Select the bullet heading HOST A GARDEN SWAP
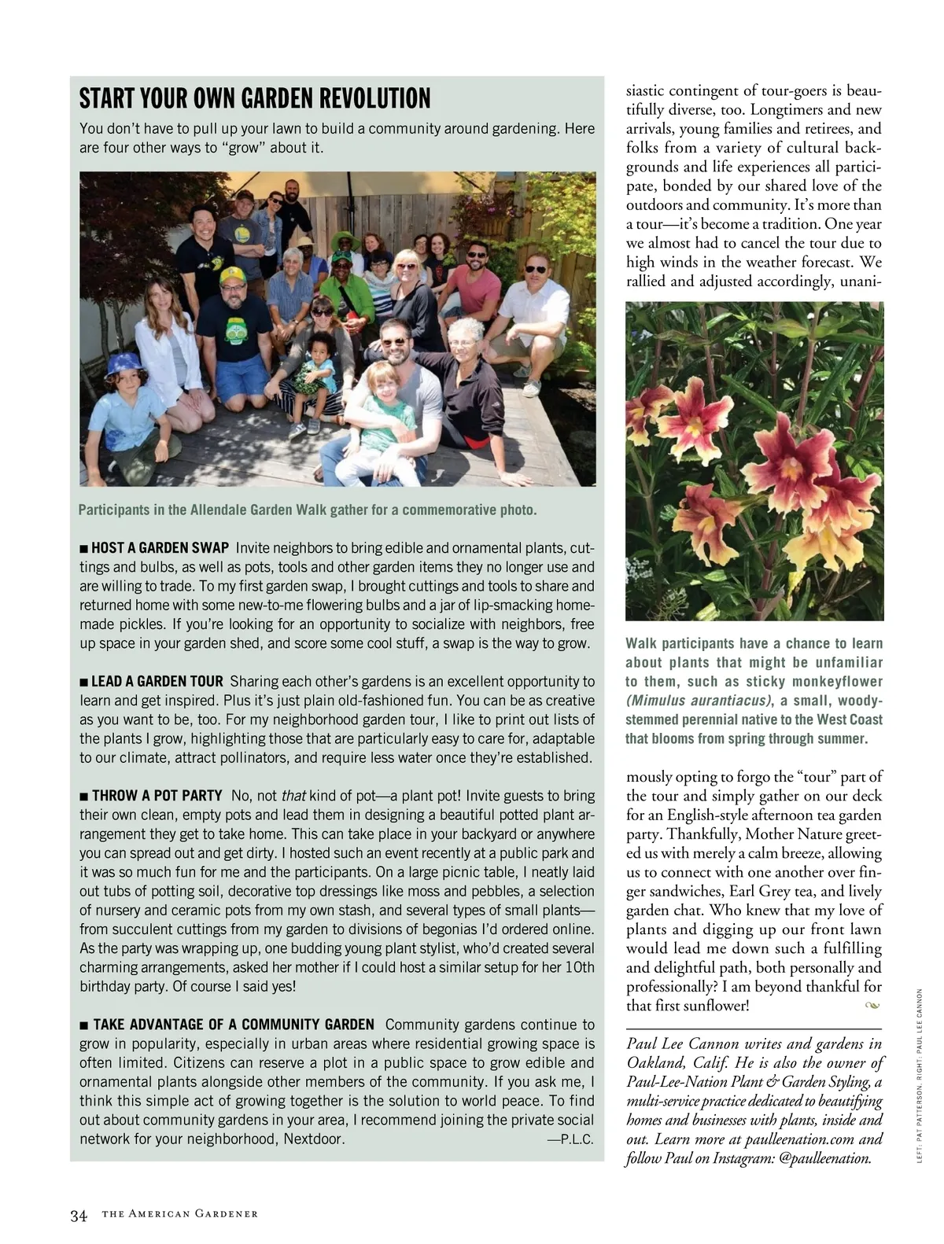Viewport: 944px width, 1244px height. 160,547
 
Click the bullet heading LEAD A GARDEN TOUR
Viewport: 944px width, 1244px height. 157,681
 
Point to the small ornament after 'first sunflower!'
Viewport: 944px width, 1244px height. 871,1006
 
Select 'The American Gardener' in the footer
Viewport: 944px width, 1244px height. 180,1215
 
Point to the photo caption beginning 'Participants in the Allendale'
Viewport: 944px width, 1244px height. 308,510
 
